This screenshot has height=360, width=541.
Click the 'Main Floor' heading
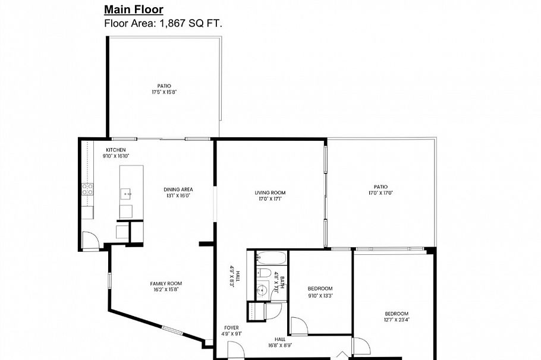(x=134, y=10)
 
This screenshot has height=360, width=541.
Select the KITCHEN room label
(x=115, y=150)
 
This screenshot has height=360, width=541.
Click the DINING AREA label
(x=178, y=190)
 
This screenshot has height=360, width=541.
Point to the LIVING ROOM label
(x=270, y=192)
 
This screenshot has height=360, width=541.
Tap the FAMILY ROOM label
(x=166, y=283)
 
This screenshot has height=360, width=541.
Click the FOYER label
(x=231, y=328)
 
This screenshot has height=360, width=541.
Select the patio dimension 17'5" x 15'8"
(x=164, y=92)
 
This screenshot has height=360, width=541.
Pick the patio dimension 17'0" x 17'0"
(x=380, y=192)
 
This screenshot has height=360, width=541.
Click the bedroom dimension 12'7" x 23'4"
(x=397, y=320)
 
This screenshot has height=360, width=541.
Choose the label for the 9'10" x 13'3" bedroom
(x=320, y=289)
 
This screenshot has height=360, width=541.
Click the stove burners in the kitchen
(x=87, y=190)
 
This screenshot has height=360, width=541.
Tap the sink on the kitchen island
(x=127, y=193)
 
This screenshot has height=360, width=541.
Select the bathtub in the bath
(x=272, y=258)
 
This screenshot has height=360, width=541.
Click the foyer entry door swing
(x=235, y=350)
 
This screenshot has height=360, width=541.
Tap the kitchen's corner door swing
(x=90, y=240)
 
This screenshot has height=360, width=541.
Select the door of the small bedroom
(x=299, y=326)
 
